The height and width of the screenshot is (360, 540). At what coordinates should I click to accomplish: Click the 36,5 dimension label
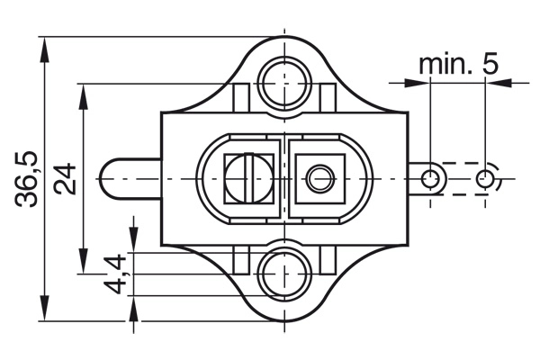tap(26, 179)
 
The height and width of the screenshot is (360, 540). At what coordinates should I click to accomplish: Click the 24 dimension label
tap(65, 179)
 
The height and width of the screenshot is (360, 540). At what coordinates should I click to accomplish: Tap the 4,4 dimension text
tap(115, 274)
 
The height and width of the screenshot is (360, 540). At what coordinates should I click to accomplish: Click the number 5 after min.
tap(490, 64)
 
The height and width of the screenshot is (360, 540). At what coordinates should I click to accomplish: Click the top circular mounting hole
tap(284, 83)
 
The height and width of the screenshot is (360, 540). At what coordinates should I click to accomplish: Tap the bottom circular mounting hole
tap(284, 274)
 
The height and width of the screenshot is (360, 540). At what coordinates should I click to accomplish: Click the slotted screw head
tap(248, 179)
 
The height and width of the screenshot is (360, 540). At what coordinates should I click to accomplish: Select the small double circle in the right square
tap(321, 179)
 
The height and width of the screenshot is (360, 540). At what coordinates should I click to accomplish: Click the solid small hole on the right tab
tap(430, 179)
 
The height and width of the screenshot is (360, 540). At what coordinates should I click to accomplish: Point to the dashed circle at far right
tap(485, 179)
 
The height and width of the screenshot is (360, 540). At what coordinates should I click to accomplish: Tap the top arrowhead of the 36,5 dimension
tap(44, 50)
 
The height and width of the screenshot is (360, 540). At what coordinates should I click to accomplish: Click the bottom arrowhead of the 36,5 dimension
tap(44, 308)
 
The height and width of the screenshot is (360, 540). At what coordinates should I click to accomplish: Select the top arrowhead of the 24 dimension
tap(83, 96)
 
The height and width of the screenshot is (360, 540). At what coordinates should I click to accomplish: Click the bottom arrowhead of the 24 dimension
tap(83, 261)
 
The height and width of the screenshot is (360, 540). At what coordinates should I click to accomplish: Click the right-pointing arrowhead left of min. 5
tap(417, 83)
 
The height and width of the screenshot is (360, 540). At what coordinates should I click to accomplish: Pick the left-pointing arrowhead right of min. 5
tap(499, 83)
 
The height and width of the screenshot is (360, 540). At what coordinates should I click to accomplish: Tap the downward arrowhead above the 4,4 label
tap(133, 239)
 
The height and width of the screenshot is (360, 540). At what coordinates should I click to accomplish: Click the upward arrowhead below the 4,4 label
tap(133, 309)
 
